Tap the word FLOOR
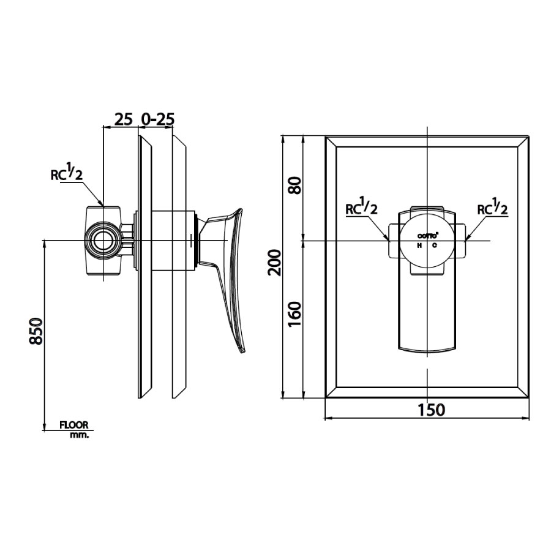pos(74,424)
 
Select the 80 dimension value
pos(295,185)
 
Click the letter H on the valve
pos(419,245)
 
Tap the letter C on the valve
pos(435,245)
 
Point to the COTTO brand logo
pos(427,236)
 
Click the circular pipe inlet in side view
pos(102,241)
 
